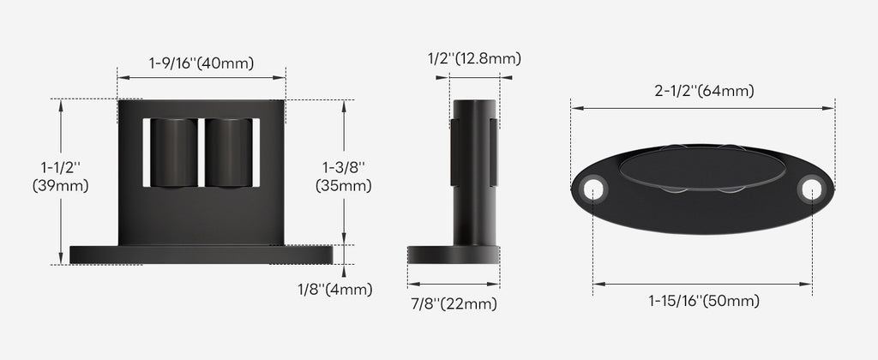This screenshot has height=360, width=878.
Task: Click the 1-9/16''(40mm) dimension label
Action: point(201,63)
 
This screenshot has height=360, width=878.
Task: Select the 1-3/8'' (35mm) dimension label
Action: point(344,176)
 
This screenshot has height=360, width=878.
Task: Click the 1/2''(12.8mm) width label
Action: point(474,58)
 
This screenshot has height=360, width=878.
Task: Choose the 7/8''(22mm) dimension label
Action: point(453,303)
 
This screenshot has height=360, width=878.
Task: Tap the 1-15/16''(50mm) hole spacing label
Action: point(703,301)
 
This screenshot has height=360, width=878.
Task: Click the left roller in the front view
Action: point(174,152)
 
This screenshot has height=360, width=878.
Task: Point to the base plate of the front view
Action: point(201,255)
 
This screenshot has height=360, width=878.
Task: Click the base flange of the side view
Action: point(453,255)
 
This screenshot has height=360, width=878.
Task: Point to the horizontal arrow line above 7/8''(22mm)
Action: point(453,285)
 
